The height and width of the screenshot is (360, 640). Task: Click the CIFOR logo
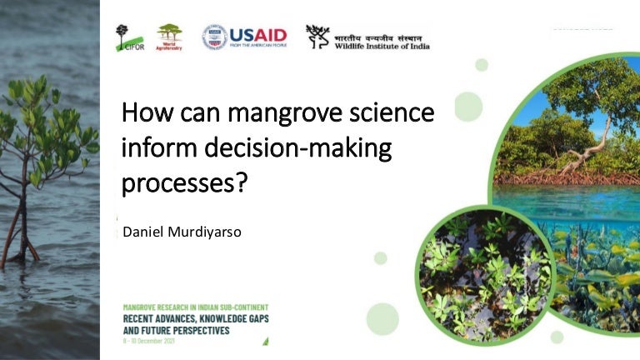pos(128,37)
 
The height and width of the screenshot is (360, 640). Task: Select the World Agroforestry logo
pos(169,37)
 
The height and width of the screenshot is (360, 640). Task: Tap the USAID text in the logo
pos(257,34)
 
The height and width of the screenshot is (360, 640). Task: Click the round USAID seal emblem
pos(214,37)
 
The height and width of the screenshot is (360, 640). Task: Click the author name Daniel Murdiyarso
pos(182,231)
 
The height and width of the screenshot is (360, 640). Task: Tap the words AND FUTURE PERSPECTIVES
pos(176,329)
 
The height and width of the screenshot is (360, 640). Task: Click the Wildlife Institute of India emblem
pos(317,35)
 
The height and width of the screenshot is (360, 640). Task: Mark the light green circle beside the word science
pos(467,107)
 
